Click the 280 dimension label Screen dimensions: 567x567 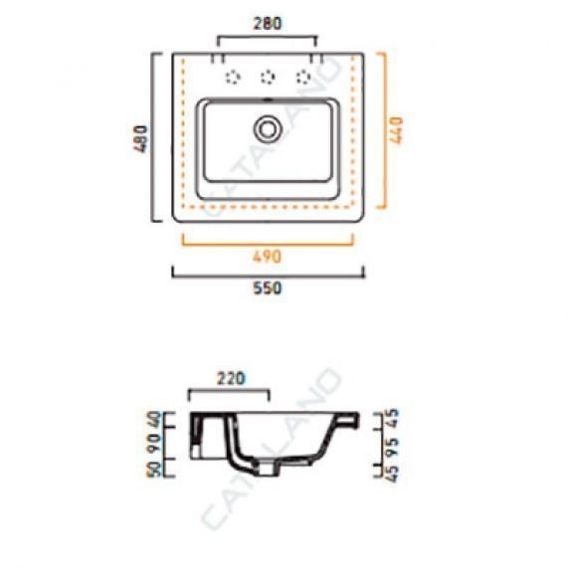268,24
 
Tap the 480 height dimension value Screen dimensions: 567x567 140,139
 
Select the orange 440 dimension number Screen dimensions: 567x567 397,130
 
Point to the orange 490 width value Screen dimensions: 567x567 267,257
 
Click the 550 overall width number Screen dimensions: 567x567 268,288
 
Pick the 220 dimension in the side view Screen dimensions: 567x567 231,379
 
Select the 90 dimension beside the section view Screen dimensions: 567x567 153,444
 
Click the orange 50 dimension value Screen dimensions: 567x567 153,469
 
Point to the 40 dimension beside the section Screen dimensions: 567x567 153,420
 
